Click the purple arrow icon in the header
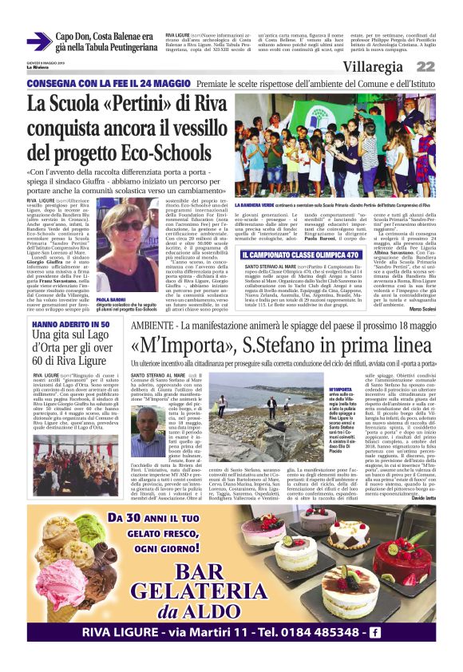39,42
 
